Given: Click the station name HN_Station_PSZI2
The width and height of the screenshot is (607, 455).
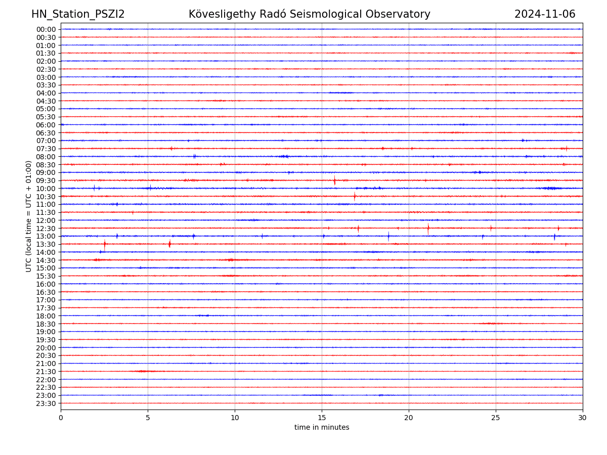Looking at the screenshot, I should coord(78,14).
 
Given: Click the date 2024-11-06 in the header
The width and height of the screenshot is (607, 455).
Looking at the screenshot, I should coord(545,14).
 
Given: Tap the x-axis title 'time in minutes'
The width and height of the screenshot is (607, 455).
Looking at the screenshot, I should coord(322,427).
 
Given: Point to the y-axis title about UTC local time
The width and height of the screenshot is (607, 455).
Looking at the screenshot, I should coord(29,216).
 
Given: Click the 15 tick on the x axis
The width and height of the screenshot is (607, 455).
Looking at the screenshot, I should coord(322,418).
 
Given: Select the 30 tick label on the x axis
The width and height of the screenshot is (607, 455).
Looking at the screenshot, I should coord(583,418).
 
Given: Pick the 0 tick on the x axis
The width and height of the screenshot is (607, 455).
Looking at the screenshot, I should coord(61,418).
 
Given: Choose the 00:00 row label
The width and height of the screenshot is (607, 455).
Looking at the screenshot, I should coord(46,29).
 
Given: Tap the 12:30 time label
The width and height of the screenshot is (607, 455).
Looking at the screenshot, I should coord(46,229).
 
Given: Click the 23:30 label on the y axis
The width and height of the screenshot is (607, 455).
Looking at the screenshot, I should coord(46,403).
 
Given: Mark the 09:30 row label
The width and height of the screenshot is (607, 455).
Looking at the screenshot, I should coord(46,180).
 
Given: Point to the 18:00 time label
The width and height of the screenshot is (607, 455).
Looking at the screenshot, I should coord(46,316).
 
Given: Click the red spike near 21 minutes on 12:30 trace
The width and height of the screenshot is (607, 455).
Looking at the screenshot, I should coord(428,228).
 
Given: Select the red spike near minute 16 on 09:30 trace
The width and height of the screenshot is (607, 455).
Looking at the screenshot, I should coord(334,180).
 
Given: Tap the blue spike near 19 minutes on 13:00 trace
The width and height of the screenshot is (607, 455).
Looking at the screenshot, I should coord(388,236).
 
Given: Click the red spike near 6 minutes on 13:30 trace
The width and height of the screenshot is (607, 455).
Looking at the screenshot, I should coord(169,244).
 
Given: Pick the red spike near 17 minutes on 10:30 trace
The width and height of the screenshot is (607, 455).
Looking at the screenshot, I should coord(355,196).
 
